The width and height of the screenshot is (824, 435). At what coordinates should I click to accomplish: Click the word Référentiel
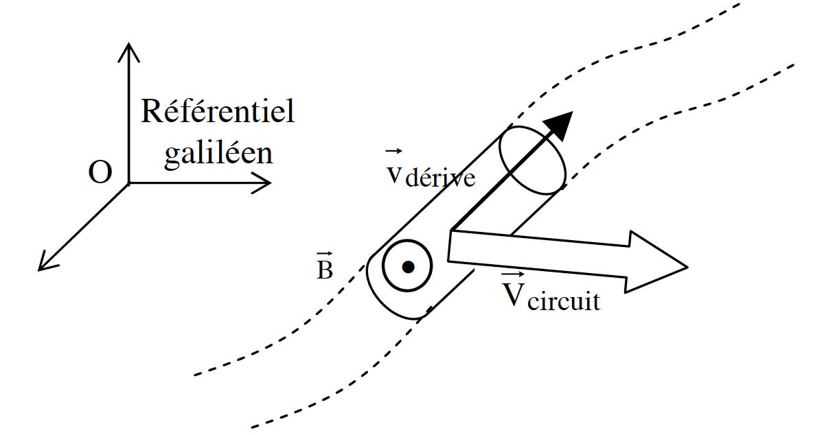click(218, 111)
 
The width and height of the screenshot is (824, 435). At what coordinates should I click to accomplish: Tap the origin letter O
click(100, 174)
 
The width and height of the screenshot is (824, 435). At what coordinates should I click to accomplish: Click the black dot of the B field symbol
click(408, 267)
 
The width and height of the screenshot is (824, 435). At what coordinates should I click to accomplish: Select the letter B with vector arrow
click(324, 270)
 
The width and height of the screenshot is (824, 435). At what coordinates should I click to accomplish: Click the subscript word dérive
click(440, 179)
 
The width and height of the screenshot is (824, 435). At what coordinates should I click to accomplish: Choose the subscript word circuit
click(563, 301)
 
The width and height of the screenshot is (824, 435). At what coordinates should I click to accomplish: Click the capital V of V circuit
click(512, 294)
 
